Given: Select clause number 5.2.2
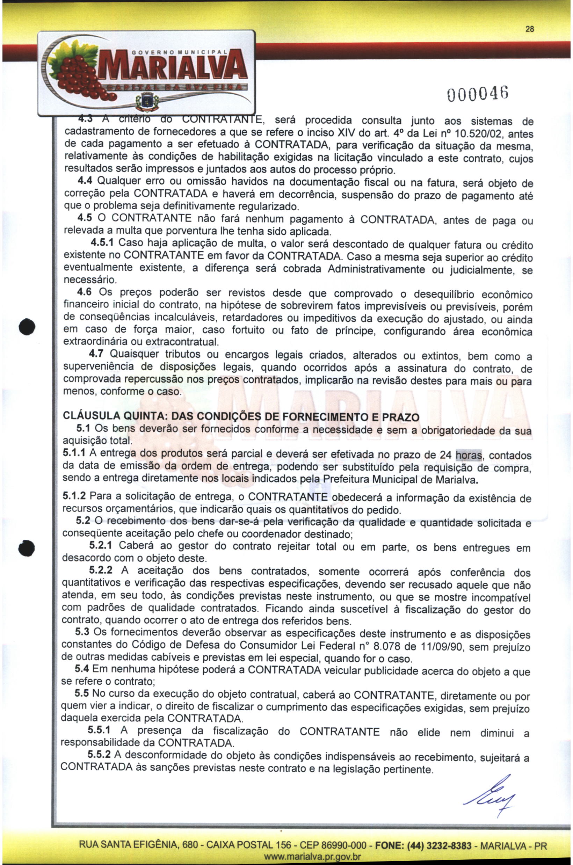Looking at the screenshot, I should tap(101, 570).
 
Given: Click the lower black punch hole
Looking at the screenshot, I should tap(27, 547).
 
